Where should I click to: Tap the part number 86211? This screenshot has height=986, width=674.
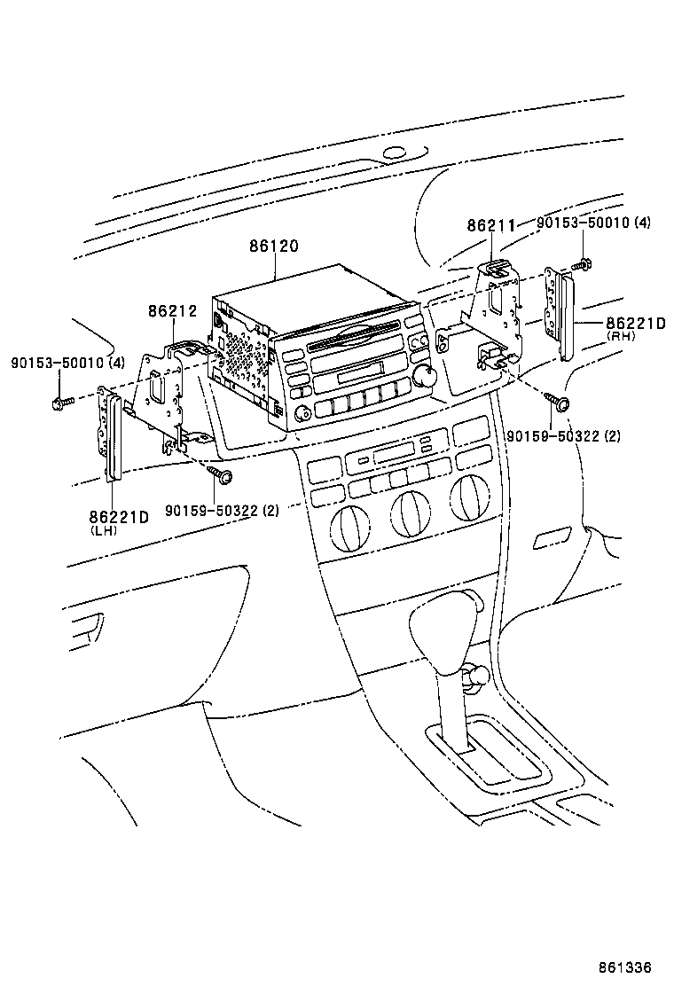pyautogui.click(x=490, y=226)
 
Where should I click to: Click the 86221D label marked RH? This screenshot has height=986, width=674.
pyautogui.click(x=635, y=325)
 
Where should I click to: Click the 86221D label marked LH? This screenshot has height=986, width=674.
pyautogui.click(x=117, y=517)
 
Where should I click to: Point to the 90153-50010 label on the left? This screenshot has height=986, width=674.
pyautogui.click(x=67, y=362)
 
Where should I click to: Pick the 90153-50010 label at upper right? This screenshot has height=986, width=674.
pyautogui.click(x=593, y=223)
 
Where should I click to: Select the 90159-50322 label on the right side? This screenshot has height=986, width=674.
pyautogui.click(x=563, y=436)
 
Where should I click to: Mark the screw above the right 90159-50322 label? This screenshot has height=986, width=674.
pyautogui.click(x=560, y=403)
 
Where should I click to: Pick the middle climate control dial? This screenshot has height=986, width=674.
pyautogui.click(x=410, y=512)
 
